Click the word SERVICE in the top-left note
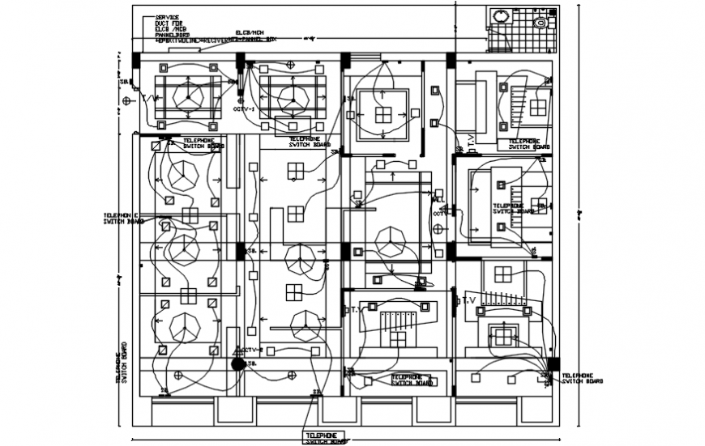pyautogui.click(x=167, y=16)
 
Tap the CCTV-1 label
pyautogui.click(x=245, y=108)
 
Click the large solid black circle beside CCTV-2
pyautogui.click(x=237, y=364)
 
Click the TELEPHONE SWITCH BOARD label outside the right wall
pyautogui.click(x=580, y=379)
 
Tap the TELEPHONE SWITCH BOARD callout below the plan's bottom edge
pyautogui.click(x=325, y=438)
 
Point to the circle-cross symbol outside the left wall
pyautogui.click(x=127, y=100)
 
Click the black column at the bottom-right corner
pyautogui.click(x=553, y=364)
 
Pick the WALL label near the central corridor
pyautogui.click(x=438, y=199)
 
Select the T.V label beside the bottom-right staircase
pyautogui.click(x=468, y=300)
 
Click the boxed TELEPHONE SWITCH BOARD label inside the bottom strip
pyautogui.click(x=411, y=380)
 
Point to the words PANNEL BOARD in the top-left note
pyautogui.click(x=173, y=36)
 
